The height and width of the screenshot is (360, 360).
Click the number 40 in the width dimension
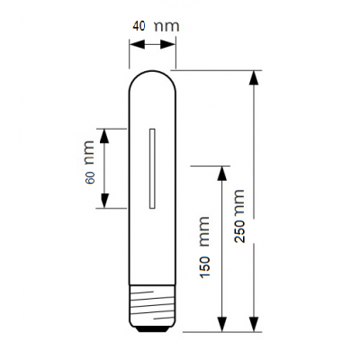[139, 26]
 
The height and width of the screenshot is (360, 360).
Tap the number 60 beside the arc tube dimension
[90, 177]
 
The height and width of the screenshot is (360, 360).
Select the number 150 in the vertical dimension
[205, 267]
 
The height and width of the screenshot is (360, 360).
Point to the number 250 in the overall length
[239, 231]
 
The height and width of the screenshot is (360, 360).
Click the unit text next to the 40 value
[166, 26]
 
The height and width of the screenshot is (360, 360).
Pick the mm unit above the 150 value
[205, 231]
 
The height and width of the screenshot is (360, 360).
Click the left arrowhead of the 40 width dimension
[137, 45]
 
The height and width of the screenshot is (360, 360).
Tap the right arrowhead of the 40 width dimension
[167, 45]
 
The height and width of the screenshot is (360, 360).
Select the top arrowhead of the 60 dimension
[104, 136]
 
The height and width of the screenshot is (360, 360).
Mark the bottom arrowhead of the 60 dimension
[104, 201]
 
